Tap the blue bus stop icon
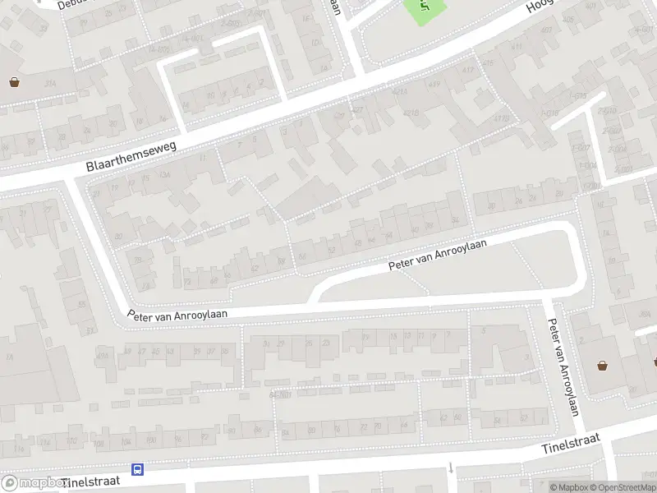(x=139, y=470)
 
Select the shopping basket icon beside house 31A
(x=14, y=81)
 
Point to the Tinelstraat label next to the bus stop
(x=90, y=481)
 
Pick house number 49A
(x=103, y=353)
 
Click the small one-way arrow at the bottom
(x=451, y=468)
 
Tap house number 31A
(x=51, y=83)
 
